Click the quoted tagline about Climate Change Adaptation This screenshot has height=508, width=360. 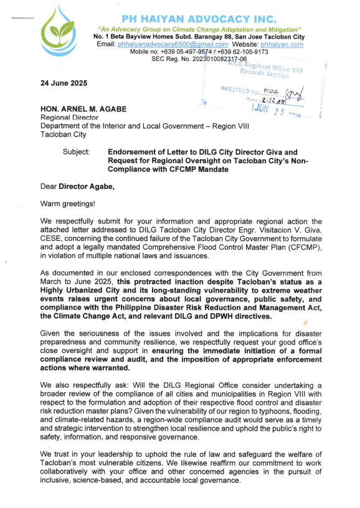(199, 30)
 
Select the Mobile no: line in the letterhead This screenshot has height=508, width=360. (199, 52)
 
